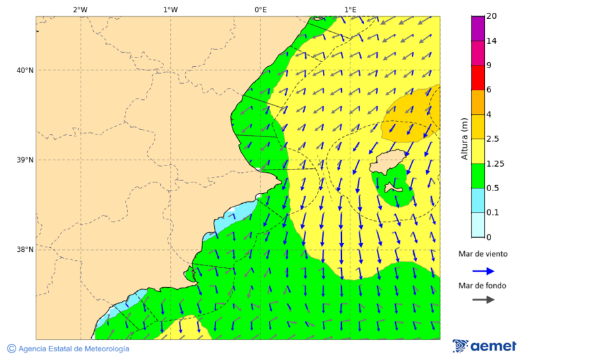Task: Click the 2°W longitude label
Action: (x=80, y=9)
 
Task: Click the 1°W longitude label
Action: (x=170, y=9)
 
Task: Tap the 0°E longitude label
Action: (x=260, y=9)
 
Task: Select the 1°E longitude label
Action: (x=351, y=9)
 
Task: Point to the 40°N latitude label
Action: (x=25, y=70)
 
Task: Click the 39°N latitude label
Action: (x=25, y=160)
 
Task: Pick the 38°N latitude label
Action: (x=25, y=250)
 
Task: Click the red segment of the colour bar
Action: (x=478, y=78)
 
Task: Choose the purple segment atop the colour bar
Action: (x=478, y=28)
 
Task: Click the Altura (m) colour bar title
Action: (x=464, y=138)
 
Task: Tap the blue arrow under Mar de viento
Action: (x=483, y=271)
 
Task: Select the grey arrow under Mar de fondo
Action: (x=483, y=300)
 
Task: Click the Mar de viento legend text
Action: (x=482, y=254)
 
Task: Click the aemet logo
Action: (x=484, y=346)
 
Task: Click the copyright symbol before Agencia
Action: (x=11, y=349)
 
